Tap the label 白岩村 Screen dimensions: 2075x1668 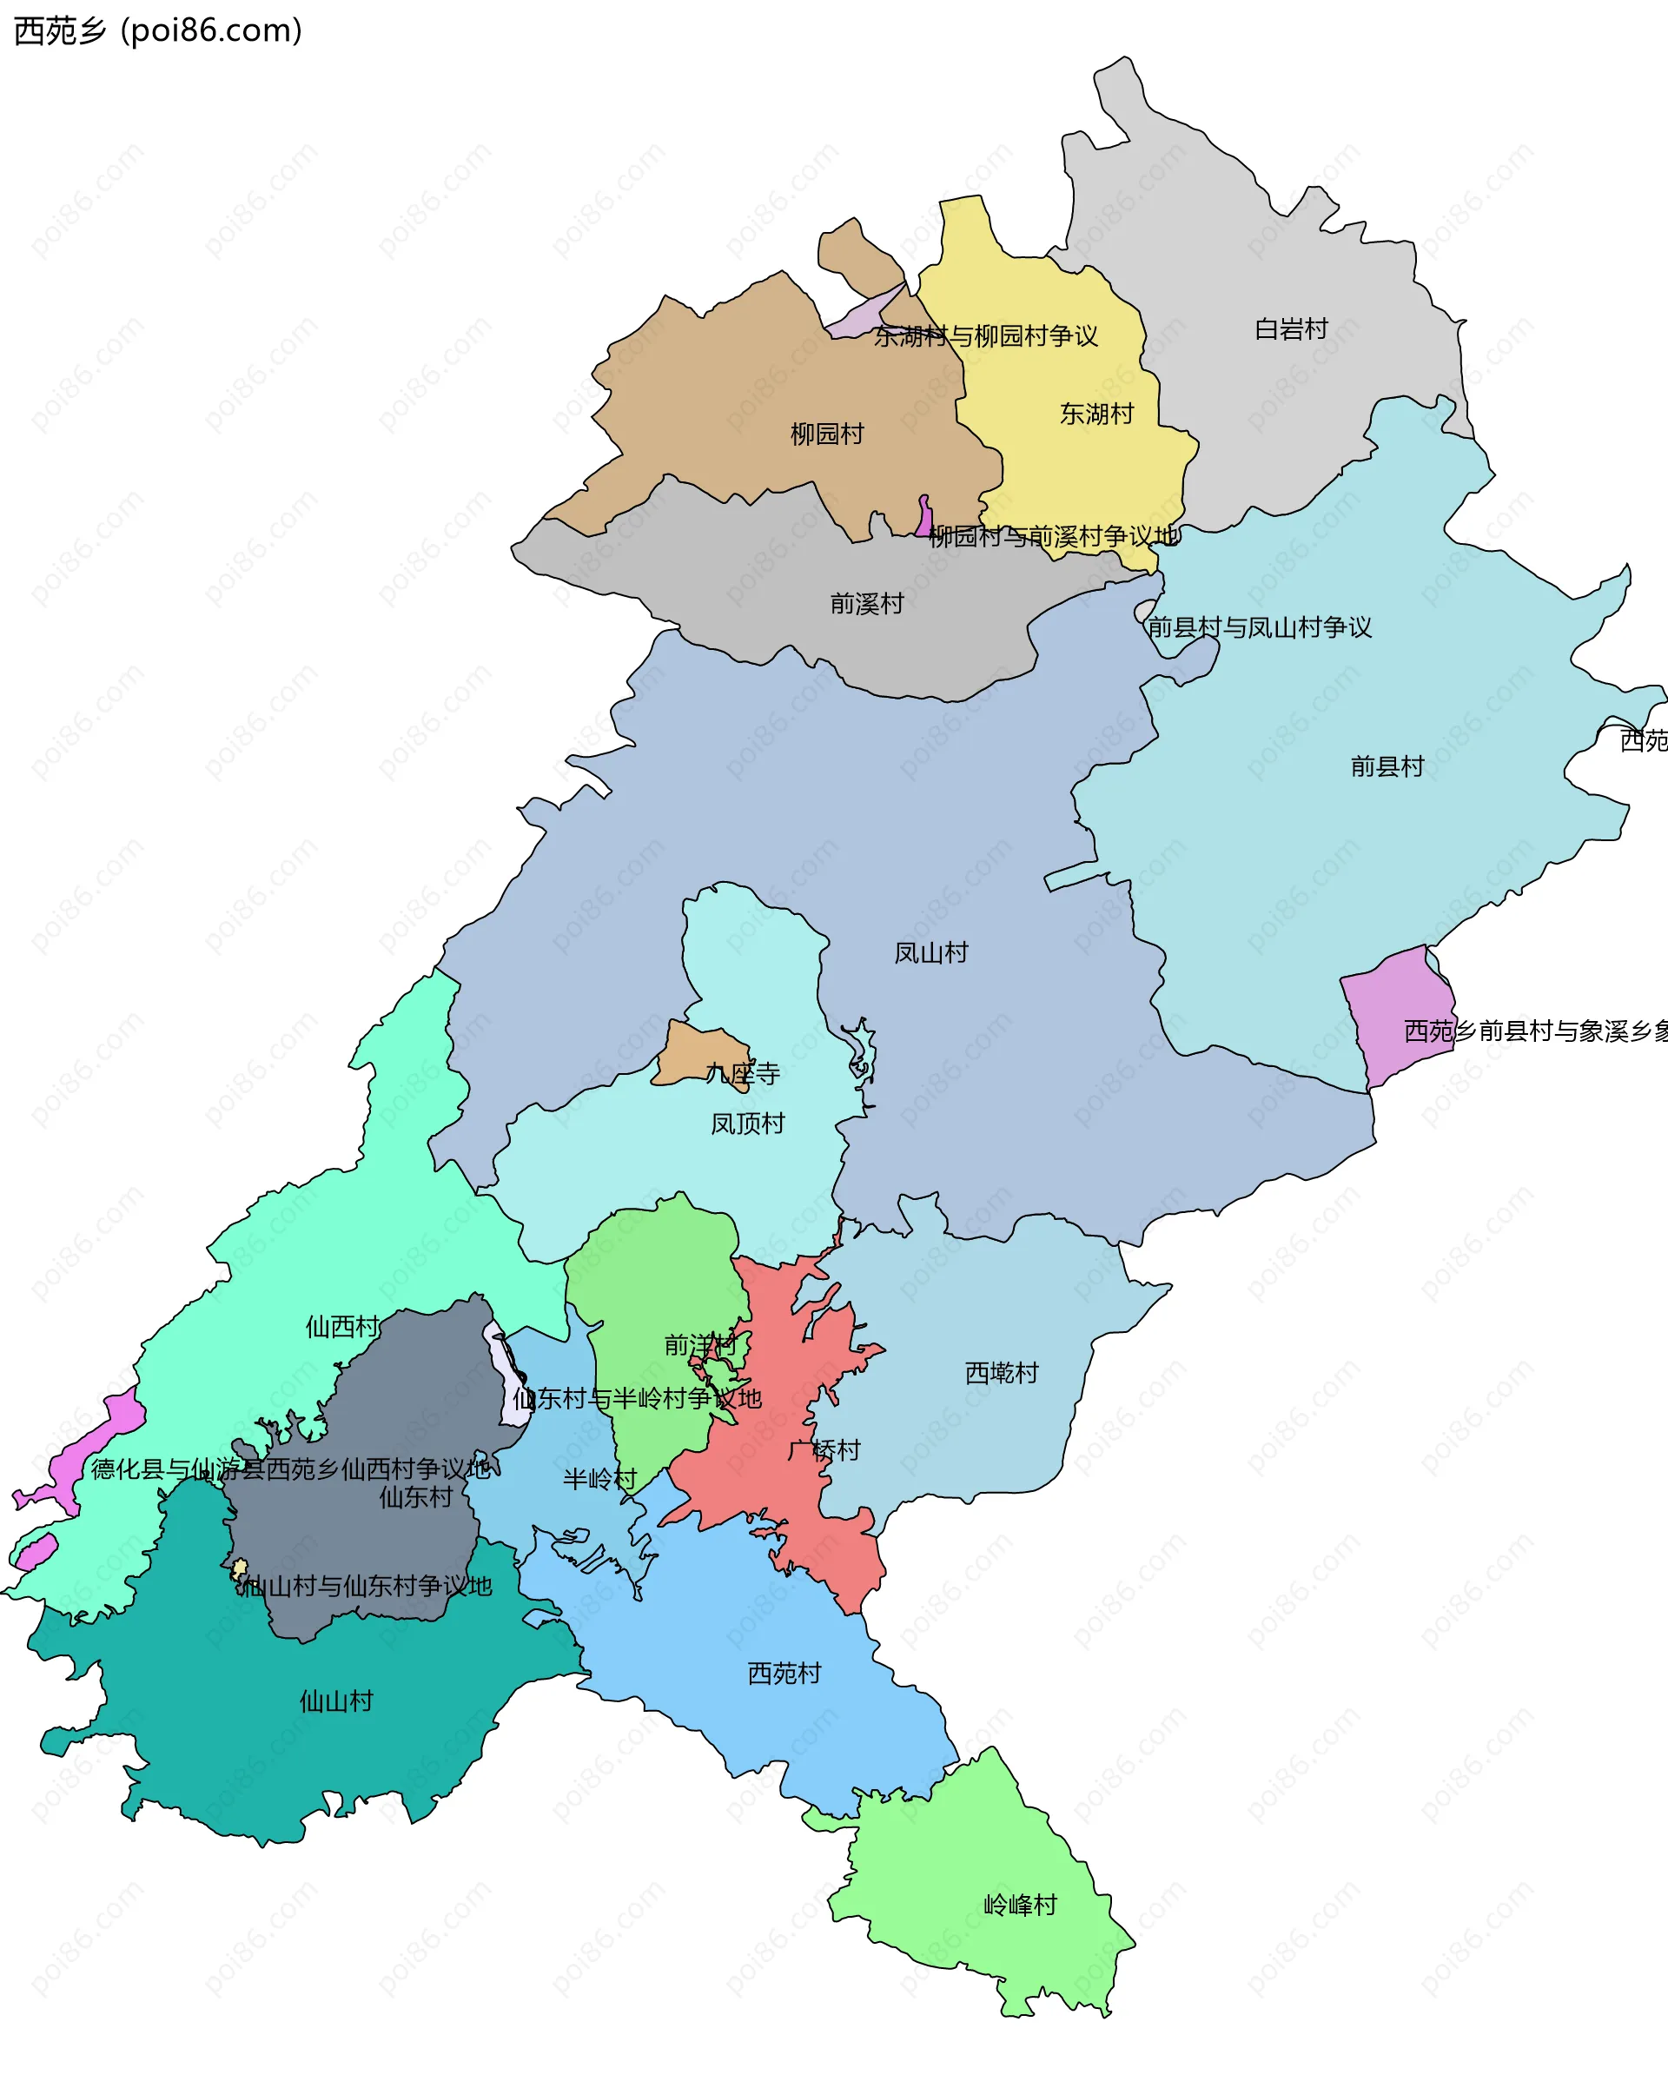pyautogui.click(x=1291, y=329)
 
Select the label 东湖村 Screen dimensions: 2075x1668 pyautogui.click(x=1096, y=414)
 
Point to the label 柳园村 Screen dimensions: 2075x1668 pyautogui.click(x=827, y=434)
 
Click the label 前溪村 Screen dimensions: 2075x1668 pyautogui.click(x=866, y=603)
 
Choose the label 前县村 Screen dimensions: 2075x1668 pyautogui.click(x=1387, y=766)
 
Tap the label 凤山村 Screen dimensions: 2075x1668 pyautogui.click(x=930, y=953)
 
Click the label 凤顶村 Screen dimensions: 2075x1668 pyautogui.click(x=747, y=1124)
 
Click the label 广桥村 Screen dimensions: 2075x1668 pyautogui.click(x=824, y=1449)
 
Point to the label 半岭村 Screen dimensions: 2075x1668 pyautogui.click(x=599, y=1478)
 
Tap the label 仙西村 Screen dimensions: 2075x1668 pyautogui.click(x=341, y=1326)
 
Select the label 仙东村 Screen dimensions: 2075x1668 pyautogui.click(x=415, y=1496)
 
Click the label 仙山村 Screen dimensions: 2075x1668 pyautogui.click(x=336, y=1700)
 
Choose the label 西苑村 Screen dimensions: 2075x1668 pyautogui.click(x=784, y=1673)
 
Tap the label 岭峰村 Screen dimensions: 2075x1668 pyautogui.click(x=1020, y=1905)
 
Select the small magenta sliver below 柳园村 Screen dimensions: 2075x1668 pyautogui.click(x=924, y=517)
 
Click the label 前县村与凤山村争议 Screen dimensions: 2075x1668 pyautogui.click(x=1259, y=627)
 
